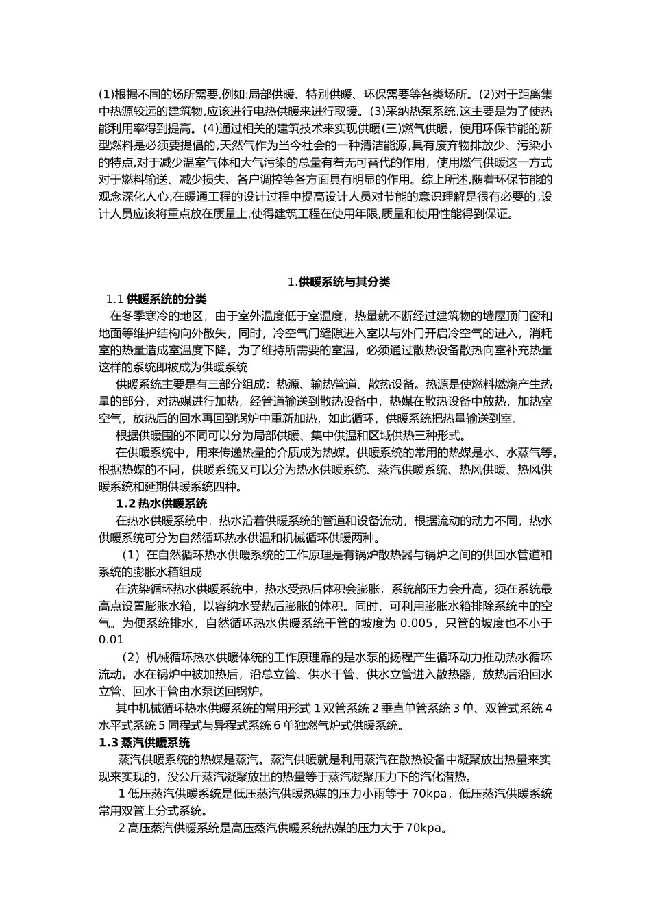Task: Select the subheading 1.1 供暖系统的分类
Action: (x=156, y=299)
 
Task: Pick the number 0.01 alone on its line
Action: (x=111, y=639)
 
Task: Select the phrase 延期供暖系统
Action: (x=166, y=487)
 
